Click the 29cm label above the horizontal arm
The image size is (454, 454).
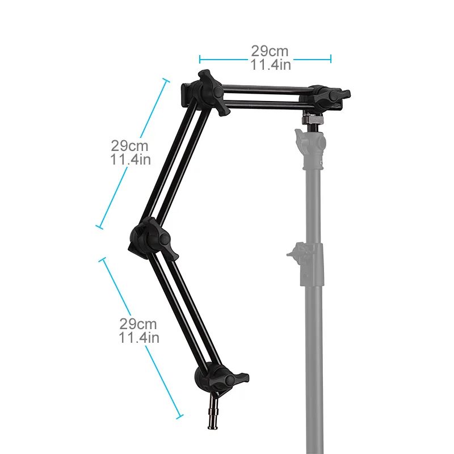tap(271, 51)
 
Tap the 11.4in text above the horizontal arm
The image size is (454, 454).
tap(271, 65)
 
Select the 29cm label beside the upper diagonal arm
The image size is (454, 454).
tap(129, 146)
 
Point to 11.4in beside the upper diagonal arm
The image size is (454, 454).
tap(131, 159)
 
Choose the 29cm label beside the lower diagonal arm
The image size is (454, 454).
tap(138, 324)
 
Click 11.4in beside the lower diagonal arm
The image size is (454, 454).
tap(138, 338)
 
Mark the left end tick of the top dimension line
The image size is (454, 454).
tap(200, 58)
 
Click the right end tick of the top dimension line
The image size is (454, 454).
tap(331, 58)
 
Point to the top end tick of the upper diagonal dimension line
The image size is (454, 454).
tap(166, 81)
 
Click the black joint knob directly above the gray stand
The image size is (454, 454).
tap(326, 97)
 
